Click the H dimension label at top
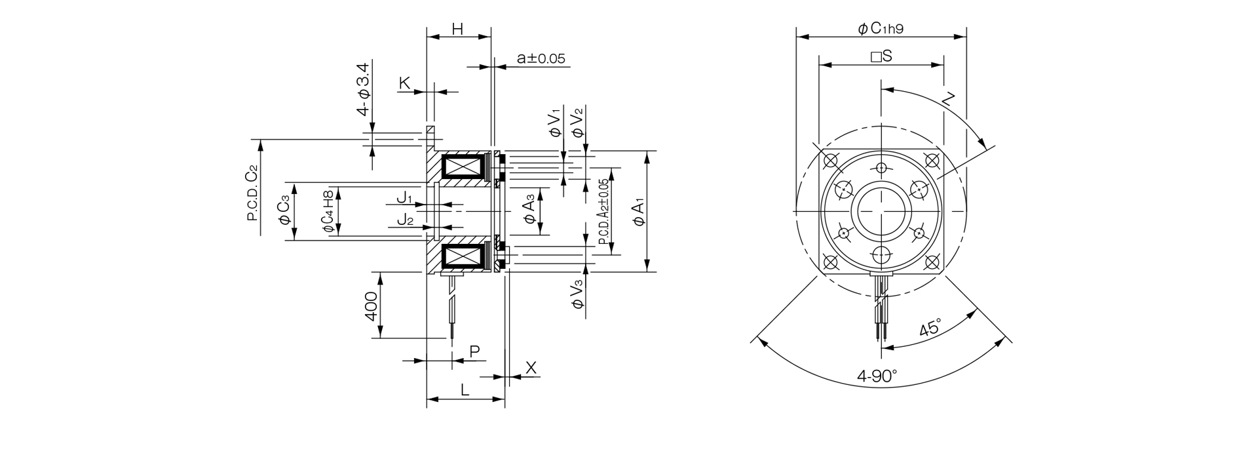point(458,29)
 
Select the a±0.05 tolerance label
point(541,58)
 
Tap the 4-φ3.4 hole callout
point(363,89)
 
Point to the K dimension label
point(405,83)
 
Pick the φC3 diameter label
point(284,210)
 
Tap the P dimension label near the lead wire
point(475,351)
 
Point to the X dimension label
point(531,368)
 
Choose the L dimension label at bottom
point(465,390)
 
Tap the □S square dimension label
point(881,56)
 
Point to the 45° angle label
point(930,327)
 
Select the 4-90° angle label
point(877,376)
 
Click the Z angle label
point(949,100)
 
